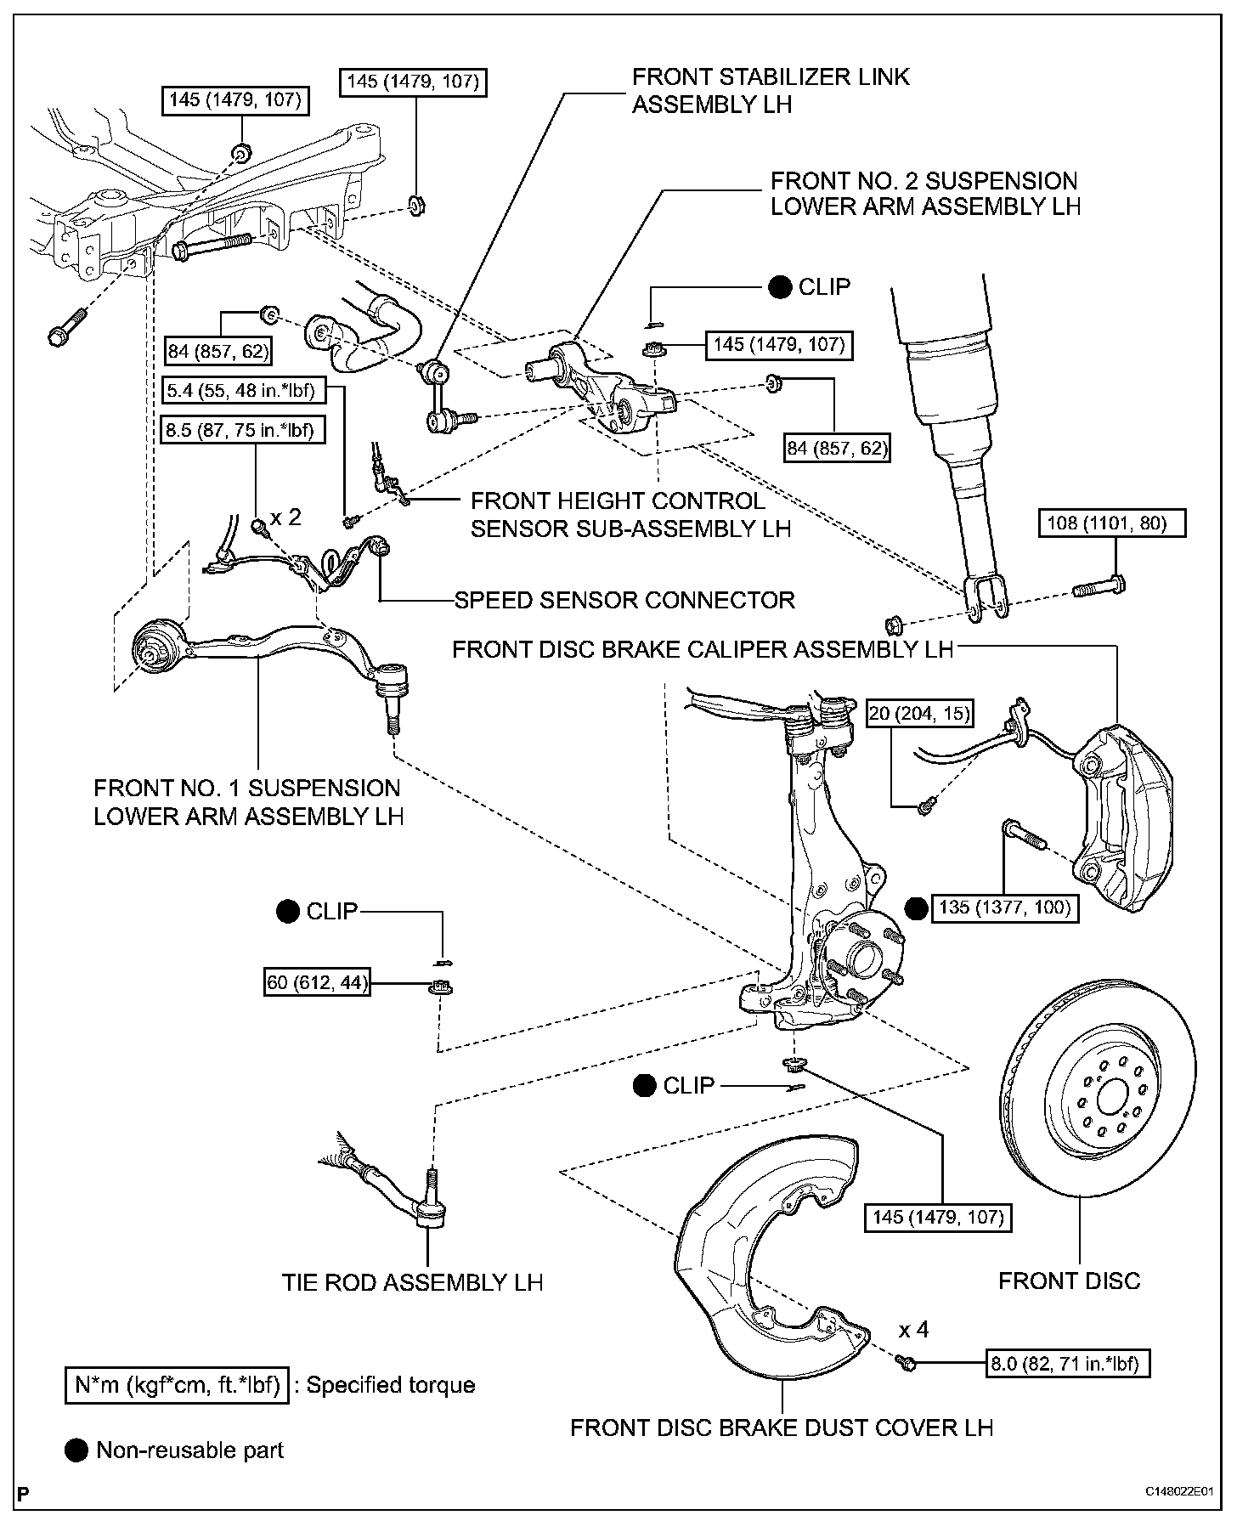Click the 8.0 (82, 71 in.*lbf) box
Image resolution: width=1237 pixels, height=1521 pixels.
click(x=1066, y=1364)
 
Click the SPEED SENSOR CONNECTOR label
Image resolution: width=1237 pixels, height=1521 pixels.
click(x=624, y=600)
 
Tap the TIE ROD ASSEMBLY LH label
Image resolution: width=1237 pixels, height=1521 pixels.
click(x=412, y=1281)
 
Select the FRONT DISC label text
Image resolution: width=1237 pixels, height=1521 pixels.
click(x=1069, y=1281)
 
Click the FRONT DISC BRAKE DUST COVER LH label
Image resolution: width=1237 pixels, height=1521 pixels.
click(x=781, y=1427)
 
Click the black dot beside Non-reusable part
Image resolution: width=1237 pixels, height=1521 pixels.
click(x=76, y=1450)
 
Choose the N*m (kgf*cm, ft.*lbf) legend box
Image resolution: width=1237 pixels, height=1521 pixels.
click(x=177, y=1385)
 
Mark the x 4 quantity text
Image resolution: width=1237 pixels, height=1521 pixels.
click(x=914, y=1329)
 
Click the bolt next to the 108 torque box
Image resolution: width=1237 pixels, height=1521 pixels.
click(x=1099, y=585)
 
